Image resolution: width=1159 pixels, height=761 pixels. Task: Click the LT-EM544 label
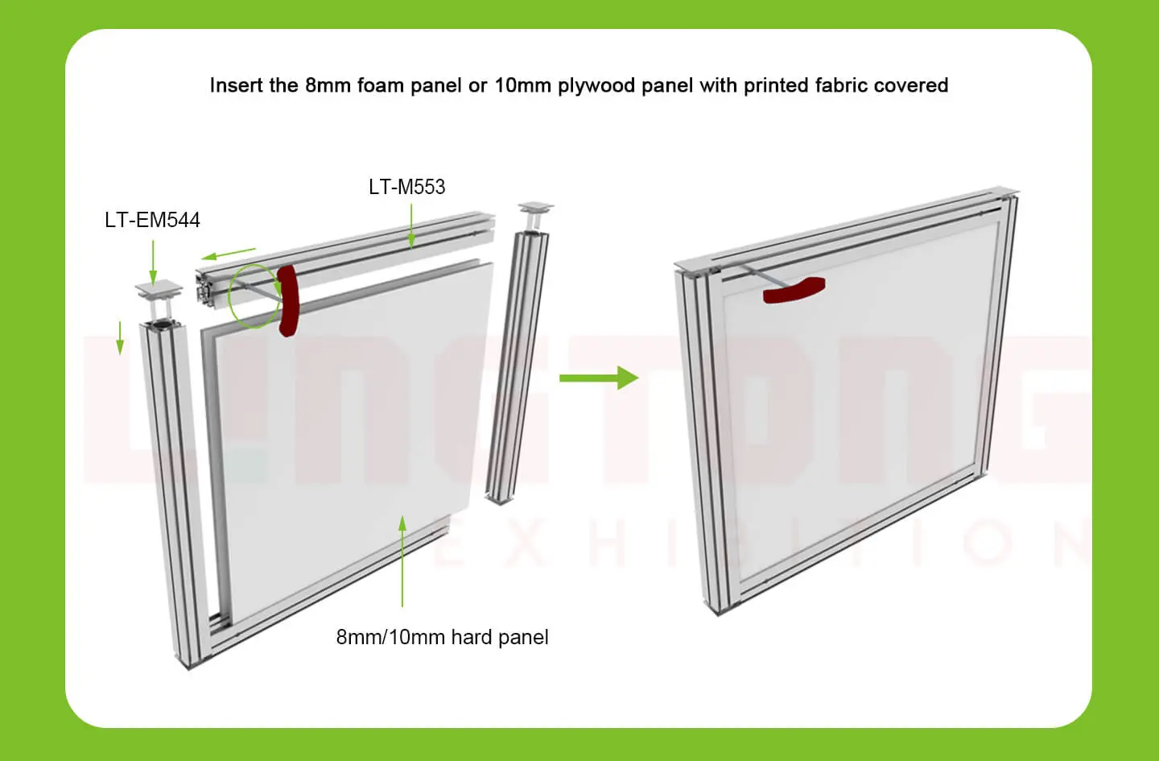(x=152, y=220)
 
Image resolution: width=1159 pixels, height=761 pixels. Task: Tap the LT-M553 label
(x=406, y=187)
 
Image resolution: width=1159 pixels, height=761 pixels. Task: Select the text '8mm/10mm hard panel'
(x=443, y=637)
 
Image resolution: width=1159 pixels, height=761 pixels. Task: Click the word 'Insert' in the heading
(x=236, y=85)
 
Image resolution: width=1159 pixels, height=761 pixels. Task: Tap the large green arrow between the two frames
(x=599, y=378)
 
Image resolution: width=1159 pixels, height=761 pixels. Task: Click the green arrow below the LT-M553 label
(x=411, y=226)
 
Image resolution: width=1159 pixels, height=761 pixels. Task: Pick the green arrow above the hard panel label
(x=402, y=561)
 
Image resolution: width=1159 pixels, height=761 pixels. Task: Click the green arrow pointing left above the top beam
(x=229, y=254)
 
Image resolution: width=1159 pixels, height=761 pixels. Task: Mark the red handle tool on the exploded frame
(x=288, y=300)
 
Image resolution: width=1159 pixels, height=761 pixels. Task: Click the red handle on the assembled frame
(x=794, y=290)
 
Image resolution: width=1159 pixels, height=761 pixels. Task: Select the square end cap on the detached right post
(x=536, y=207)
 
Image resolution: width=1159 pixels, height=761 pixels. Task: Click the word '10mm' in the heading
(x=523, y=85)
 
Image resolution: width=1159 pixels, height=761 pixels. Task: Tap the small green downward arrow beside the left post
(x=120, y=338)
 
